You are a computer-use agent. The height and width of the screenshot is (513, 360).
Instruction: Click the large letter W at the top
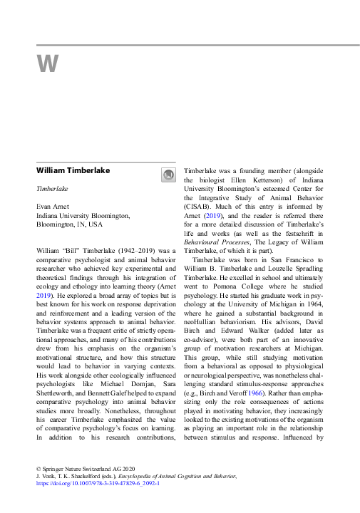point(47,64)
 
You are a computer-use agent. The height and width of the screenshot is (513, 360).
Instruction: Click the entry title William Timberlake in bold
point(73,171)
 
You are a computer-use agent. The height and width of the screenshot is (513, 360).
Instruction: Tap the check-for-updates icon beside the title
point(168,175)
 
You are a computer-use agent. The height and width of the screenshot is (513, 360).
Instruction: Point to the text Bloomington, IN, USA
point(69,224)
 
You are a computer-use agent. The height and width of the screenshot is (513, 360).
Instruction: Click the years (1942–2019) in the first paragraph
point(136,251)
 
